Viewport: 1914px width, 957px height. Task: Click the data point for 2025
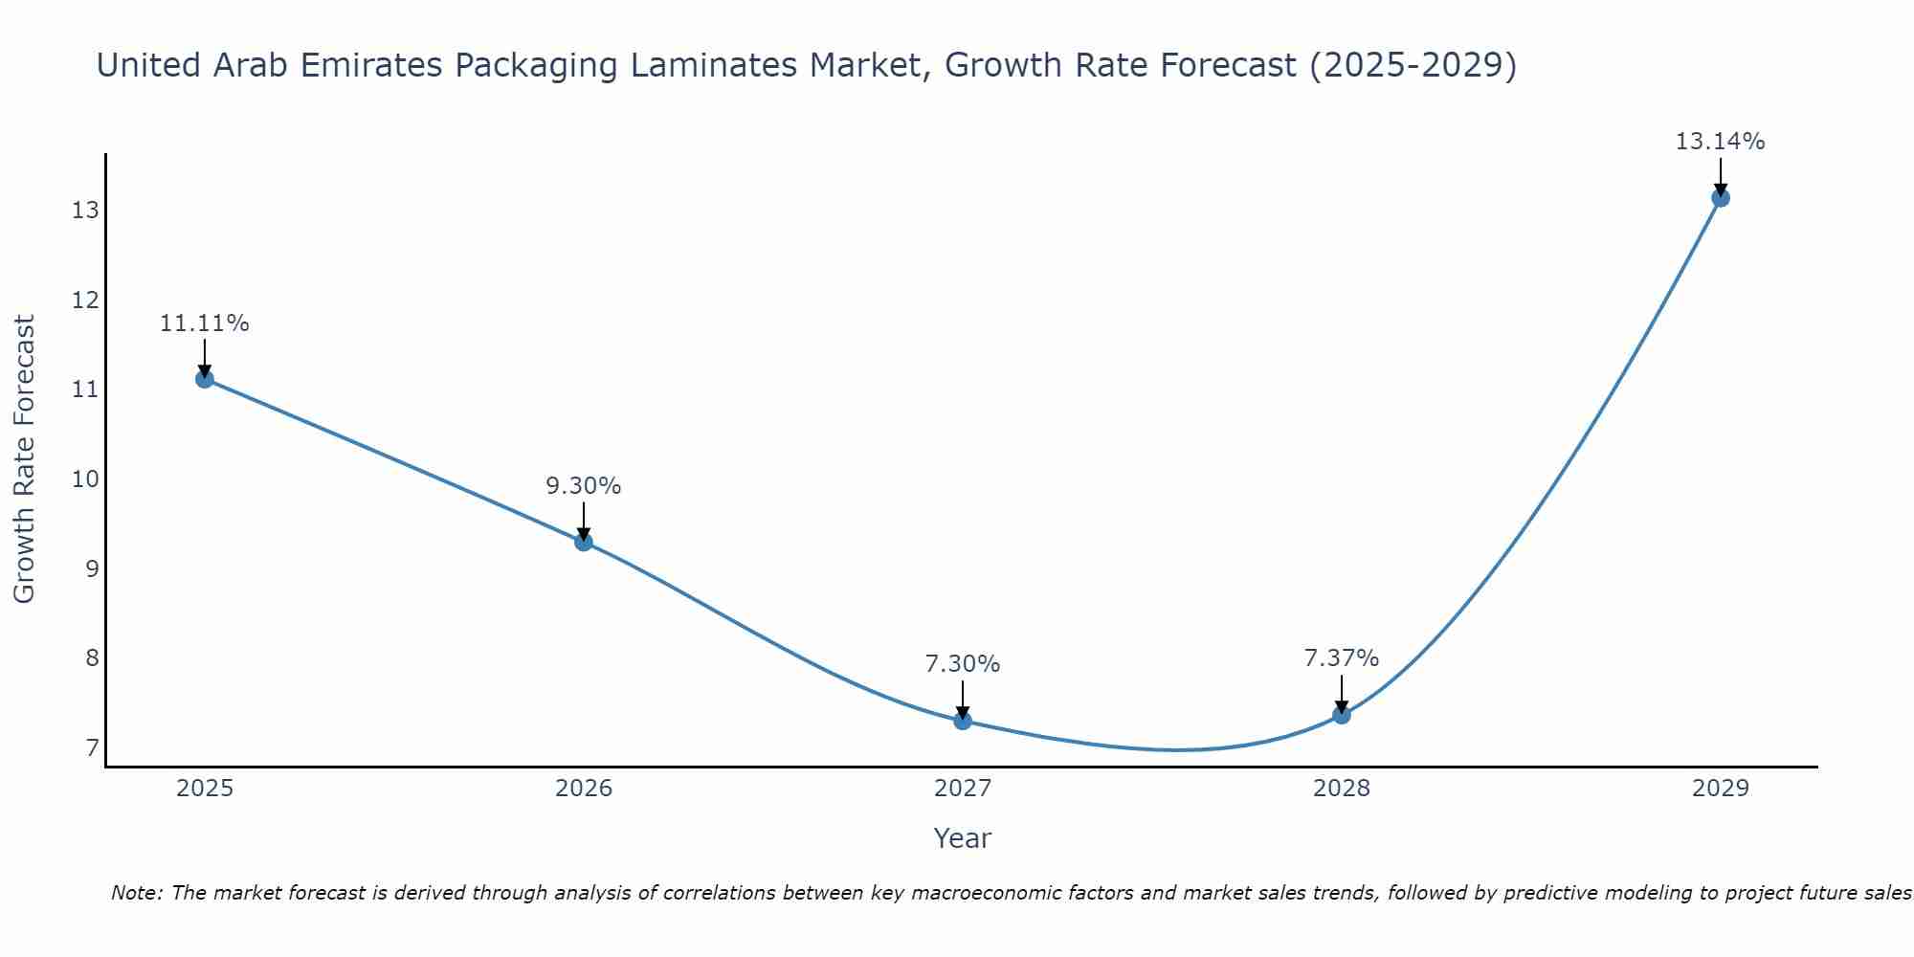pos(204,379)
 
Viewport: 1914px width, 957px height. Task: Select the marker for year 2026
pos(584,542)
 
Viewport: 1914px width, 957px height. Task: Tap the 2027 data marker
pos(963,721)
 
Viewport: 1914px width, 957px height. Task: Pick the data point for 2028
pos(1342,715)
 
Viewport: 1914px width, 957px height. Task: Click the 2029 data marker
pos(1720,198)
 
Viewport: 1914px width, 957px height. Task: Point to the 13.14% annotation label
pos(1720,142)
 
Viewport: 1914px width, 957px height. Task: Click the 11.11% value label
pos(204,323)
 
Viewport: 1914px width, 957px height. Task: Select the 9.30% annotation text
pos(584,486)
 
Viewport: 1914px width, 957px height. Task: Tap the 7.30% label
pos(963,664)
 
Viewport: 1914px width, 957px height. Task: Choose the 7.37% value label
pos(1342,658)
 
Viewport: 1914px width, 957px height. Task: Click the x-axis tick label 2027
pos(963,789)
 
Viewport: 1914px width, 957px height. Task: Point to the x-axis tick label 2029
pos(1720,789)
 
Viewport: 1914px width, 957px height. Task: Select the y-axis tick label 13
pos(85,211)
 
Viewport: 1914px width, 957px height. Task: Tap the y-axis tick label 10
pos(85,479)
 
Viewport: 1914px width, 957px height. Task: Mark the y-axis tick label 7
pos(92,747)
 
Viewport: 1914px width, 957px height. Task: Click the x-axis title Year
pos(962,838)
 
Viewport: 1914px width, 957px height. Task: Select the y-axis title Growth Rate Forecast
pos(25,459)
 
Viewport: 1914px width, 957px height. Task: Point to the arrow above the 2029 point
pos(1720,176)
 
